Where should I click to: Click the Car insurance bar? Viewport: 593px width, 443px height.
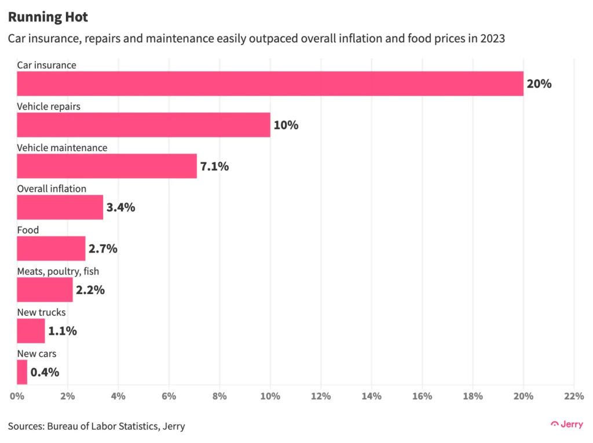[x=270, y=83]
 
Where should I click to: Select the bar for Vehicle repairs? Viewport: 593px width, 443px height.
[x=144, y=125]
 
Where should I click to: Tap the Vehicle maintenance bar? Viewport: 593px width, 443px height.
[x=107, y=166]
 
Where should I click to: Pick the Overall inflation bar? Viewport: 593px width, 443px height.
[x=60, y=207]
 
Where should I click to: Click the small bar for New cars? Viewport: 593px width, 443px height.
[x=22, y=372]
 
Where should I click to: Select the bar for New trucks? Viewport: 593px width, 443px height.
[x=31, y=331]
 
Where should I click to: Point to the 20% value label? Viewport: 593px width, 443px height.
[x=539, y=84]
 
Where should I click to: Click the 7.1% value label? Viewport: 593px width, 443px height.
[x=214, y=167]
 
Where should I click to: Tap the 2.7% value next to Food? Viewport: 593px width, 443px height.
[x=103, y=249]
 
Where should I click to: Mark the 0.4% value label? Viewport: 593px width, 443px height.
[x=45, y=372]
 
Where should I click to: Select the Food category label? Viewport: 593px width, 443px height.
[x=28, y=230]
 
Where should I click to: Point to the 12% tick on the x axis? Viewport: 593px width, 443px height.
[x=321, y=396]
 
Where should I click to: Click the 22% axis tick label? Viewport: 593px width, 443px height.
[x=573, y=396]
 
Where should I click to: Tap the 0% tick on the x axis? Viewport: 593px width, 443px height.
[x=17, y=396]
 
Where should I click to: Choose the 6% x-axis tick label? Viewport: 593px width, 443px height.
[x=169, y=396]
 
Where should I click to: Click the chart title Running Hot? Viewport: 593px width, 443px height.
[x=48, y=17]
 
